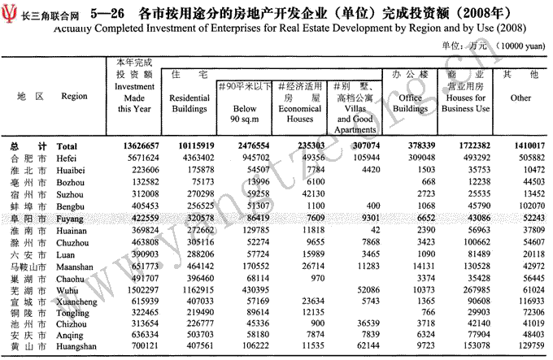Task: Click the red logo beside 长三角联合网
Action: (11, 12)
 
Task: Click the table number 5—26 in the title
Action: (107, 13)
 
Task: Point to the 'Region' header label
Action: (74, 96)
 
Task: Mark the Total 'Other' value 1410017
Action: (520, 145)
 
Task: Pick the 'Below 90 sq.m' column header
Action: (245, 113)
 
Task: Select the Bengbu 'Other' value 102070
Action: (522, 206)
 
